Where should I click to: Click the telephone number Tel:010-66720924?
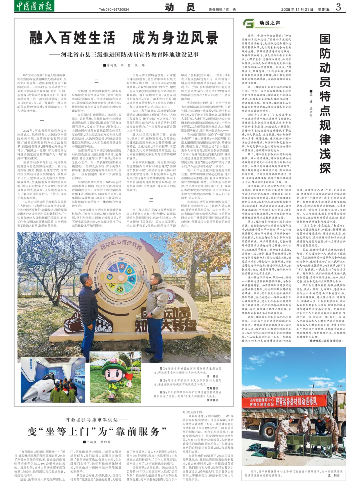114,9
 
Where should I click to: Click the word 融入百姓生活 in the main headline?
72,38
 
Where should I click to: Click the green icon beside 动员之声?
249,23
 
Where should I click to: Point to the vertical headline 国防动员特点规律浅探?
325,103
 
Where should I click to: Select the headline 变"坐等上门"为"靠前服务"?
97,431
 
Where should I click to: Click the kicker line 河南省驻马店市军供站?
96,419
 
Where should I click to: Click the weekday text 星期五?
323,9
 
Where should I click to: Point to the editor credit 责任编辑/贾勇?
222,9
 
